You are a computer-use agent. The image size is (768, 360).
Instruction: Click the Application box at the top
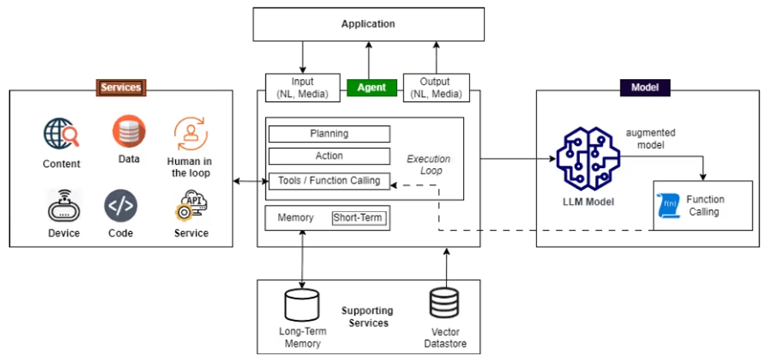pos(369,24)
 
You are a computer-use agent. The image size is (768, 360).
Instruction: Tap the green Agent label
pos(372,88)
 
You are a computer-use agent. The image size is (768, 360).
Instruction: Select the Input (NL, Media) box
pos(303,88)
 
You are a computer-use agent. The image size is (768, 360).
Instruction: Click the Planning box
pos(329,134)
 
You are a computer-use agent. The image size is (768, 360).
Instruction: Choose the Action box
pos(329,156)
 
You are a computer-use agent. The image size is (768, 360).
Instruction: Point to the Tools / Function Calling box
pos(329,181)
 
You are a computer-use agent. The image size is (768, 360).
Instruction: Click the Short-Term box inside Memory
pos(357,218)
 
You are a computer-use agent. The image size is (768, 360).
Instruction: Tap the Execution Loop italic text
pos(429,164)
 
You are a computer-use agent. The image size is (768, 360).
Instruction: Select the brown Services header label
pos(121,88)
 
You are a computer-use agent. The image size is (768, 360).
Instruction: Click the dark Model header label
pos(645,88)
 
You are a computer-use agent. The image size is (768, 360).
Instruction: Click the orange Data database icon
pos(129,131)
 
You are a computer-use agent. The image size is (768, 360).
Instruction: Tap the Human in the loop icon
pos(189,134)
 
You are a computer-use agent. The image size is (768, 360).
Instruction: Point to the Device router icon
pos(64,205)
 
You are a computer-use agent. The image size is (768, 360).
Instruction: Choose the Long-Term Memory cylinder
pos(301,306)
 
